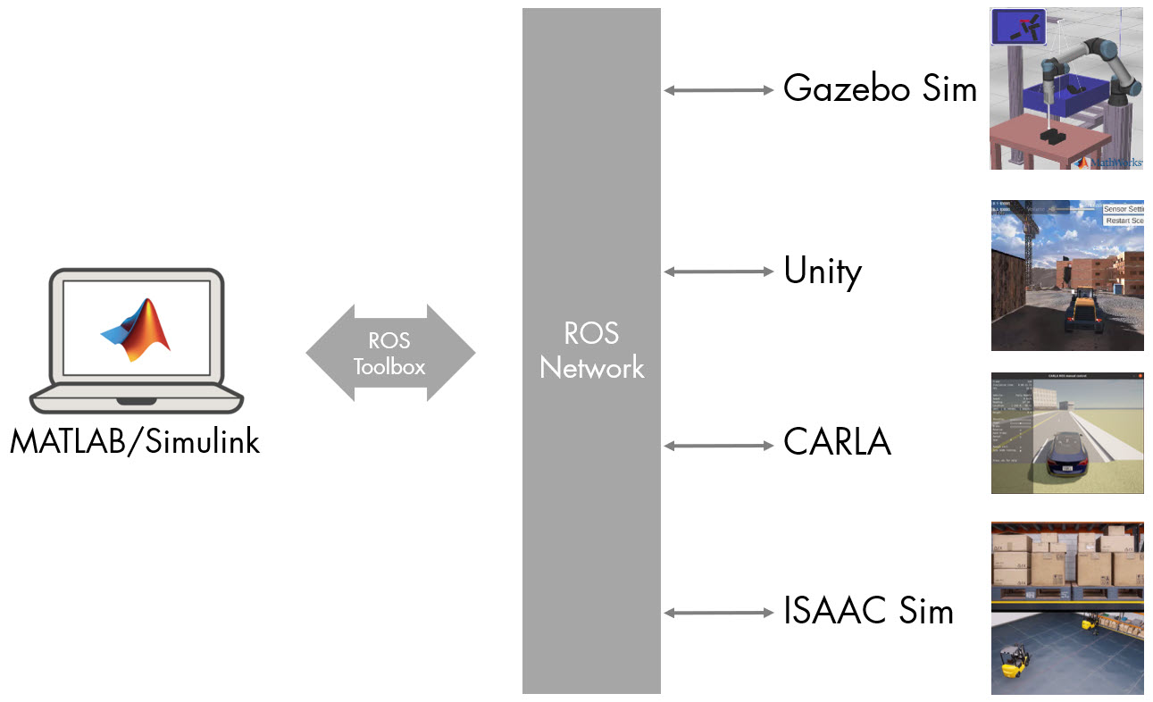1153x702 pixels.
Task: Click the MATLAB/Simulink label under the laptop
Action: point(135,441)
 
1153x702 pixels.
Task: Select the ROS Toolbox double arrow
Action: point(390,354)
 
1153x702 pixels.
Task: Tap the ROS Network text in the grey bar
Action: point(591,350)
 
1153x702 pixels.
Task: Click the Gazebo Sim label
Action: point(880,88)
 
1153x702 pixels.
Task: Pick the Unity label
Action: point(822,271)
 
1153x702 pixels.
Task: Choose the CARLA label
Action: point(837,442)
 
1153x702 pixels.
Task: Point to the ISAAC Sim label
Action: point(868,612)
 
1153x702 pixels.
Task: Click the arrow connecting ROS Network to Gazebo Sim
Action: point(719,89)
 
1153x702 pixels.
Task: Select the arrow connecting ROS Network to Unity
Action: point(719,271)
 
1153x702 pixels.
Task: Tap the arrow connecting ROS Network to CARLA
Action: point(719,445)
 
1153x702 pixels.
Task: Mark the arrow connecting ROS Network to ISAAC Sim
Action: point(719,612)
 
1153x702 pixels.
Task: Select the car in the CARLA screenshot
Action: point(1068,455)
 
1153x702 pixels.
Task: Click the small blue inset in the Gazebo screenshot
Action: point(1017,27)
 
